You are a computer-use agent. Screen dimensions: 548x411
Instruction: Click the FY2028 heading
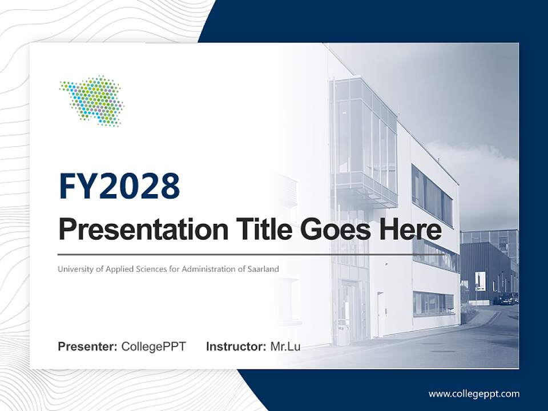tap(119, 186)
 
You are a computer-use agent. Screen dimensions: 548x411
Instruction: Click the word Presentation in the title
tap(143, 229)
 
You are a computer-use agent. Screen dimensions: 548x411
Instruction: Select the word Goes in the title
tap(335, 229)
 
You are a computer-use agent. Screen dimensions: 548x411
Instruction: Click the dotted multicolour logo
tap(91, 100)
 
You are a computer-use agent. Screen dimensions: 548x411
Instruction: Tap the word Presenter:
tap(87, 346)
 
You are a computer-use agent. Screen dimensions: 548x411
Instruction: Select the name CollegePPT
tap(154, 346)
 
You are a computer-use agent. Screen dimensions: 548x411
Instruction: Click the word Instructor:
tap(236, 346)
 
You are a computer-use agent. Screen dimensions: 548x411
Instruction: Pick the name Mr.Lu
tap(285, 346)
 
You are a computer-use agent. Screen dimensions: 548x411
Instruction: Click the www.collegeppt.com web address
tap(474, 394)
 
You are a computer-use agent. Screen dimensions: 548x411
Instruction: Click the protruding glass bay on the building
tap(364, 143)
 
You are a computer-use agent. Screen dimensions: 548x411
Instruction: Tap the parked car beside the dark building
tap(507, 299)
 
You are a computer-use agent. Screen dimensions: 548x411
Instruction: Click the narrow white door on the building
tap(381, 314)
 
